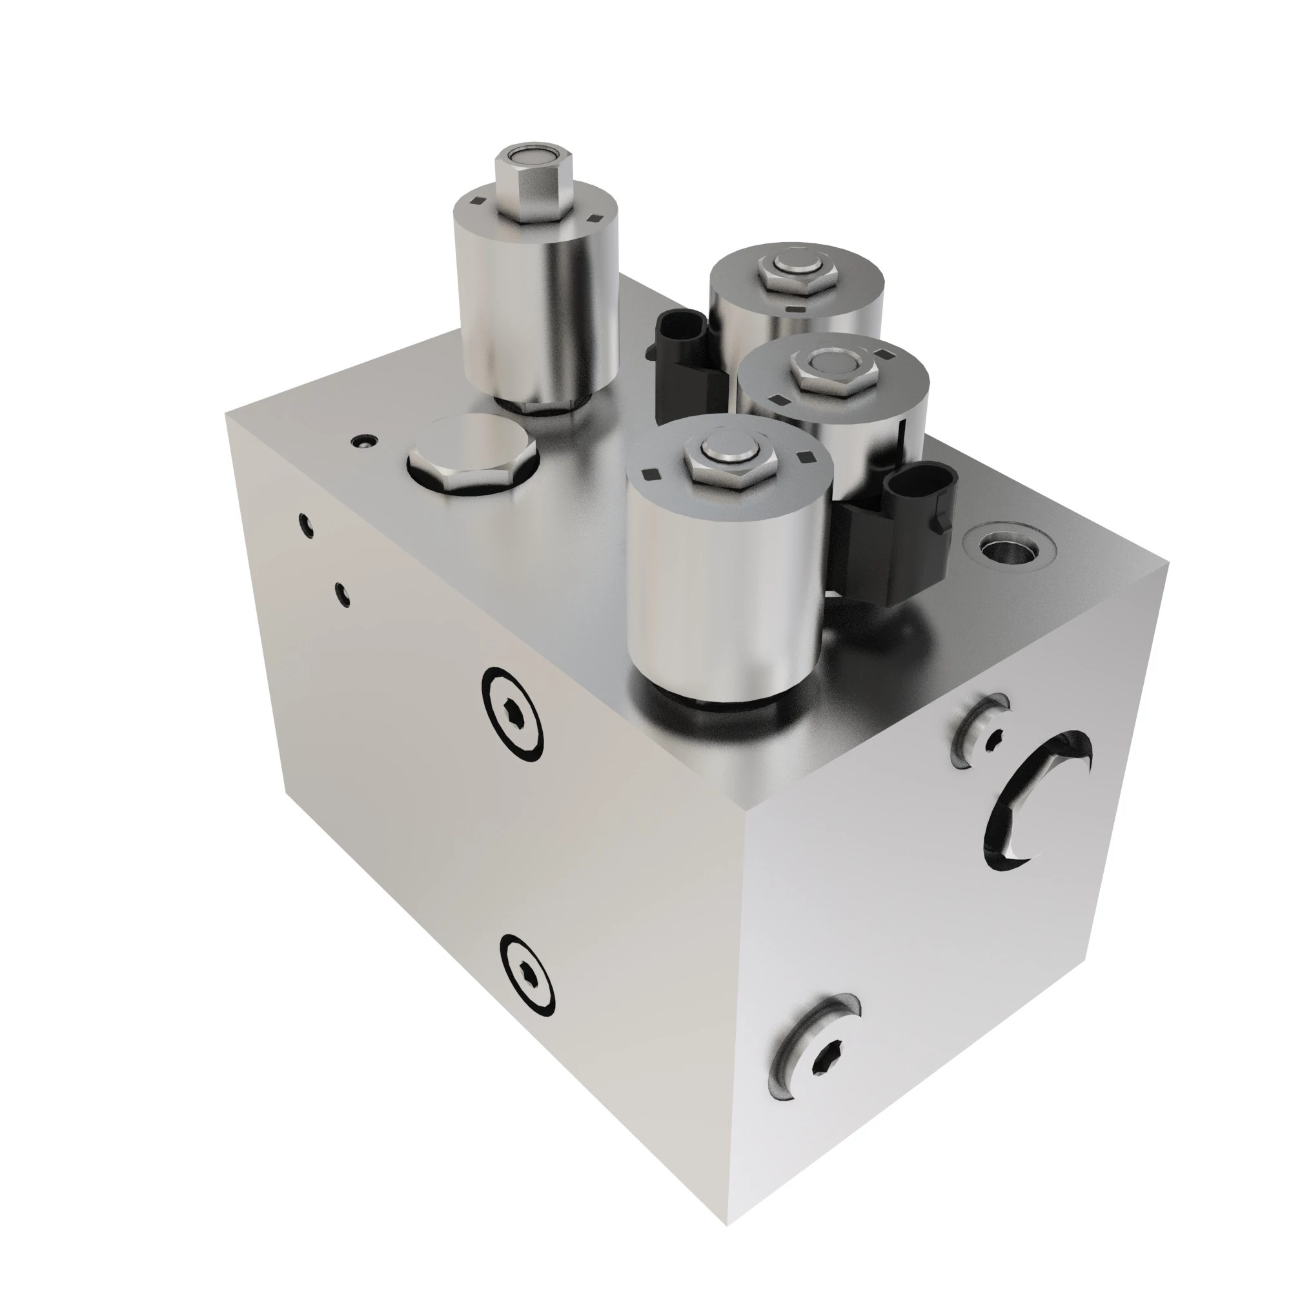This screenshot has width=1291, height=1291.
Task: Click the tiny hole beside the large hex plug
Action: tap(364, 441)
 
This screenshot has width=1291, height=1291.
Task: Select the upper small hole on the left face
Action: tap(305, 525)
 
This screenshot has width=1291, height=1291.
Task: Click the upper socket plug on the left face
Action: tap(513, 713)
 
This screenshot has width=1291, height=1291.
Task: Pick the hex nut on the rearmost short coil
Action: tap(797, 274)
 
